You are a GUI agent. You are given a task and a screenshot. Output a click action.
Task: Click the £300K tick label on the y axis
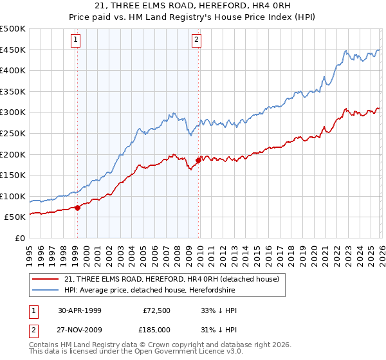14,113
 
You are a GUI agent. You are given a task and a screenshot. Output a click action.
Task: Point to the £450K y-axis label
14,50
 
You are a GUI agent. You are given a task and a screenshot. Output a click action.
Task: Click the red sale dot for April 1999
78,208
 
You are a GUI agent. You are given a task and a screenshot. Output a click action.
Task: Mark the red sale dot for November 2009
198,160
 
